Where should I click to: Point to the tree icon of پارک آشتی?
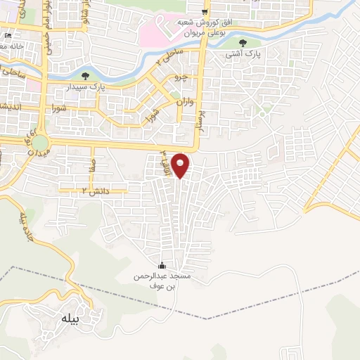243,43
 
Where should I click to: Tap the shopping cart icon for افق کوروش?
205,12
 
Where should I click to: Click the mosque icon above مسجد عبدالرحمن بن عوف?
162,264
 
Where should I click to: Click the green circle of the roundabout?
40,143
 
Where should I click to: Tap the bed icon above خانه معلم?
8,35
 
